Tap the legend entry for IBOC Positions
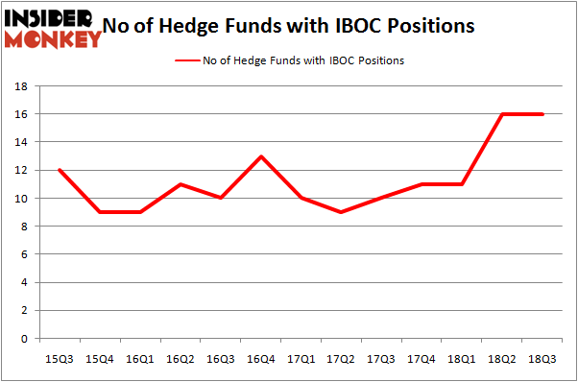pos(288,60)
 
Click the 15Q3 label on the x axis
pos(60,357)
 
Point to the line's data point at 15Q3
pos(60,170)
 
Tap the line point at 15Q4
pos(100,212)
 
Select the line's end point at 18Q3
pos(542,114)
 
